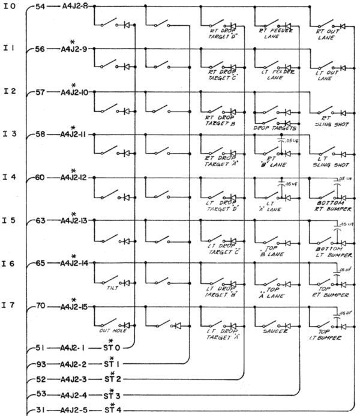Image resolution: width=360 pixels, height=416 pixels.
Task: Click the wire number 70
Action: click(41, 306)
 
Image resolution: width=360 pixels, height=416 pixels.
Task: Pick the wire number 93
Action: click(41, 363)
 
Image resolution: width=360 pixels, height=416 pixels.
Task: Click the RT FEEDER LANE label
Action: click(274, 32)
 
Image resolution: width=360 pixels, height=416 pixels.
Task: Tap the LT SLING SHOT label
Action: click(329, 161)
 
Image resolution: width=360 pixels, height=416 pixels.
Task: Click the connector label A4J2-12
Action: click(77, 178)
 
